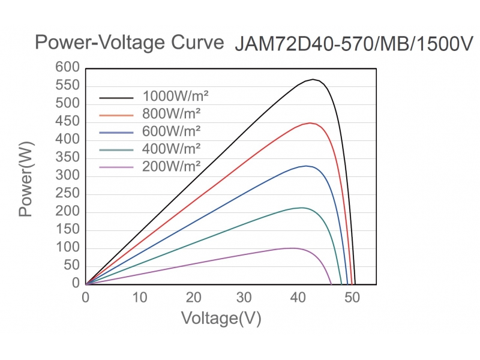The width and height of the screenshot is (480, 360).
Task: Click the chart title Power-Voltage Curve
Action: [129, 43]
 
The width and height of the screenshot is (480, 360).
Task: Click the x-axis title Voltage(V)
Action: [221, 318]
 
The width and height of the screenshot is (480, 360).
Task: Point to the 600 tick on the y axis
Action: [67, 68]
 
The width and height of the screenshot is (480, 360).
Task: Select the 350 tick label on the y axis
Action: [67, 158]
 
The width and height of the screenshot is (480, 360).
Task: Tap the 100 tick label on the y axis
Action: [67, 248]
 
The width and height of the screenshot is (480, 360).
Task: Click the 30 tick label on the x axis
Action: [245, 298]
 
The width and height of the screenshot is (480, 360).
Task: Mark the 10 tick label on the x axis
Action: [139, 298]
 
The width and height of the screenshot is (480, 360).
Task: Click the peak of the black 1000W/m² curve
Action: [313, 79]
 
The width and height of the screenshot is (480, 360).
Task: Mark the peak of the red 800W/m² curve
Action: [310, 123]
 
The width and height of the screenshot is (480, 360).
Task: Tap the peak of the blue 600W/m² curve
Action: [306, 166]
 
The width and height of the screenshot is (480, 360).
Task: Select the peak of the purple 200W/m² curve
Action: [292, 248]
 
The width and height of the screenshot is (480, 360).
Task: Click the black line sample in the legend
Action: [115, 97]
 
